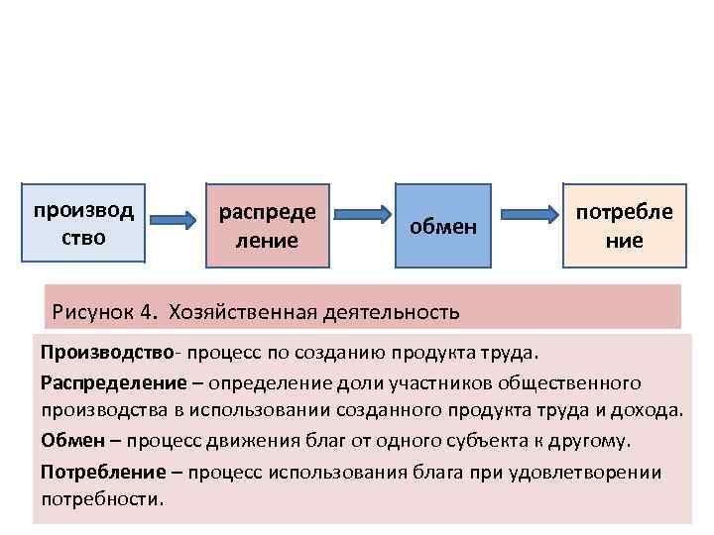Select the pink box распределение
(268, 226)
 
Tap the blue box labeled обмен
(444, 227)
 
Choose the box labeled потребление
(624, 226)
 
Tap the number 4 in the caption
(147, 313)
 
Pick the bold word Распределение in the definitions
(114, 382)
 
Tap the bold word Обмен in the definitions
(68, 440)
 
